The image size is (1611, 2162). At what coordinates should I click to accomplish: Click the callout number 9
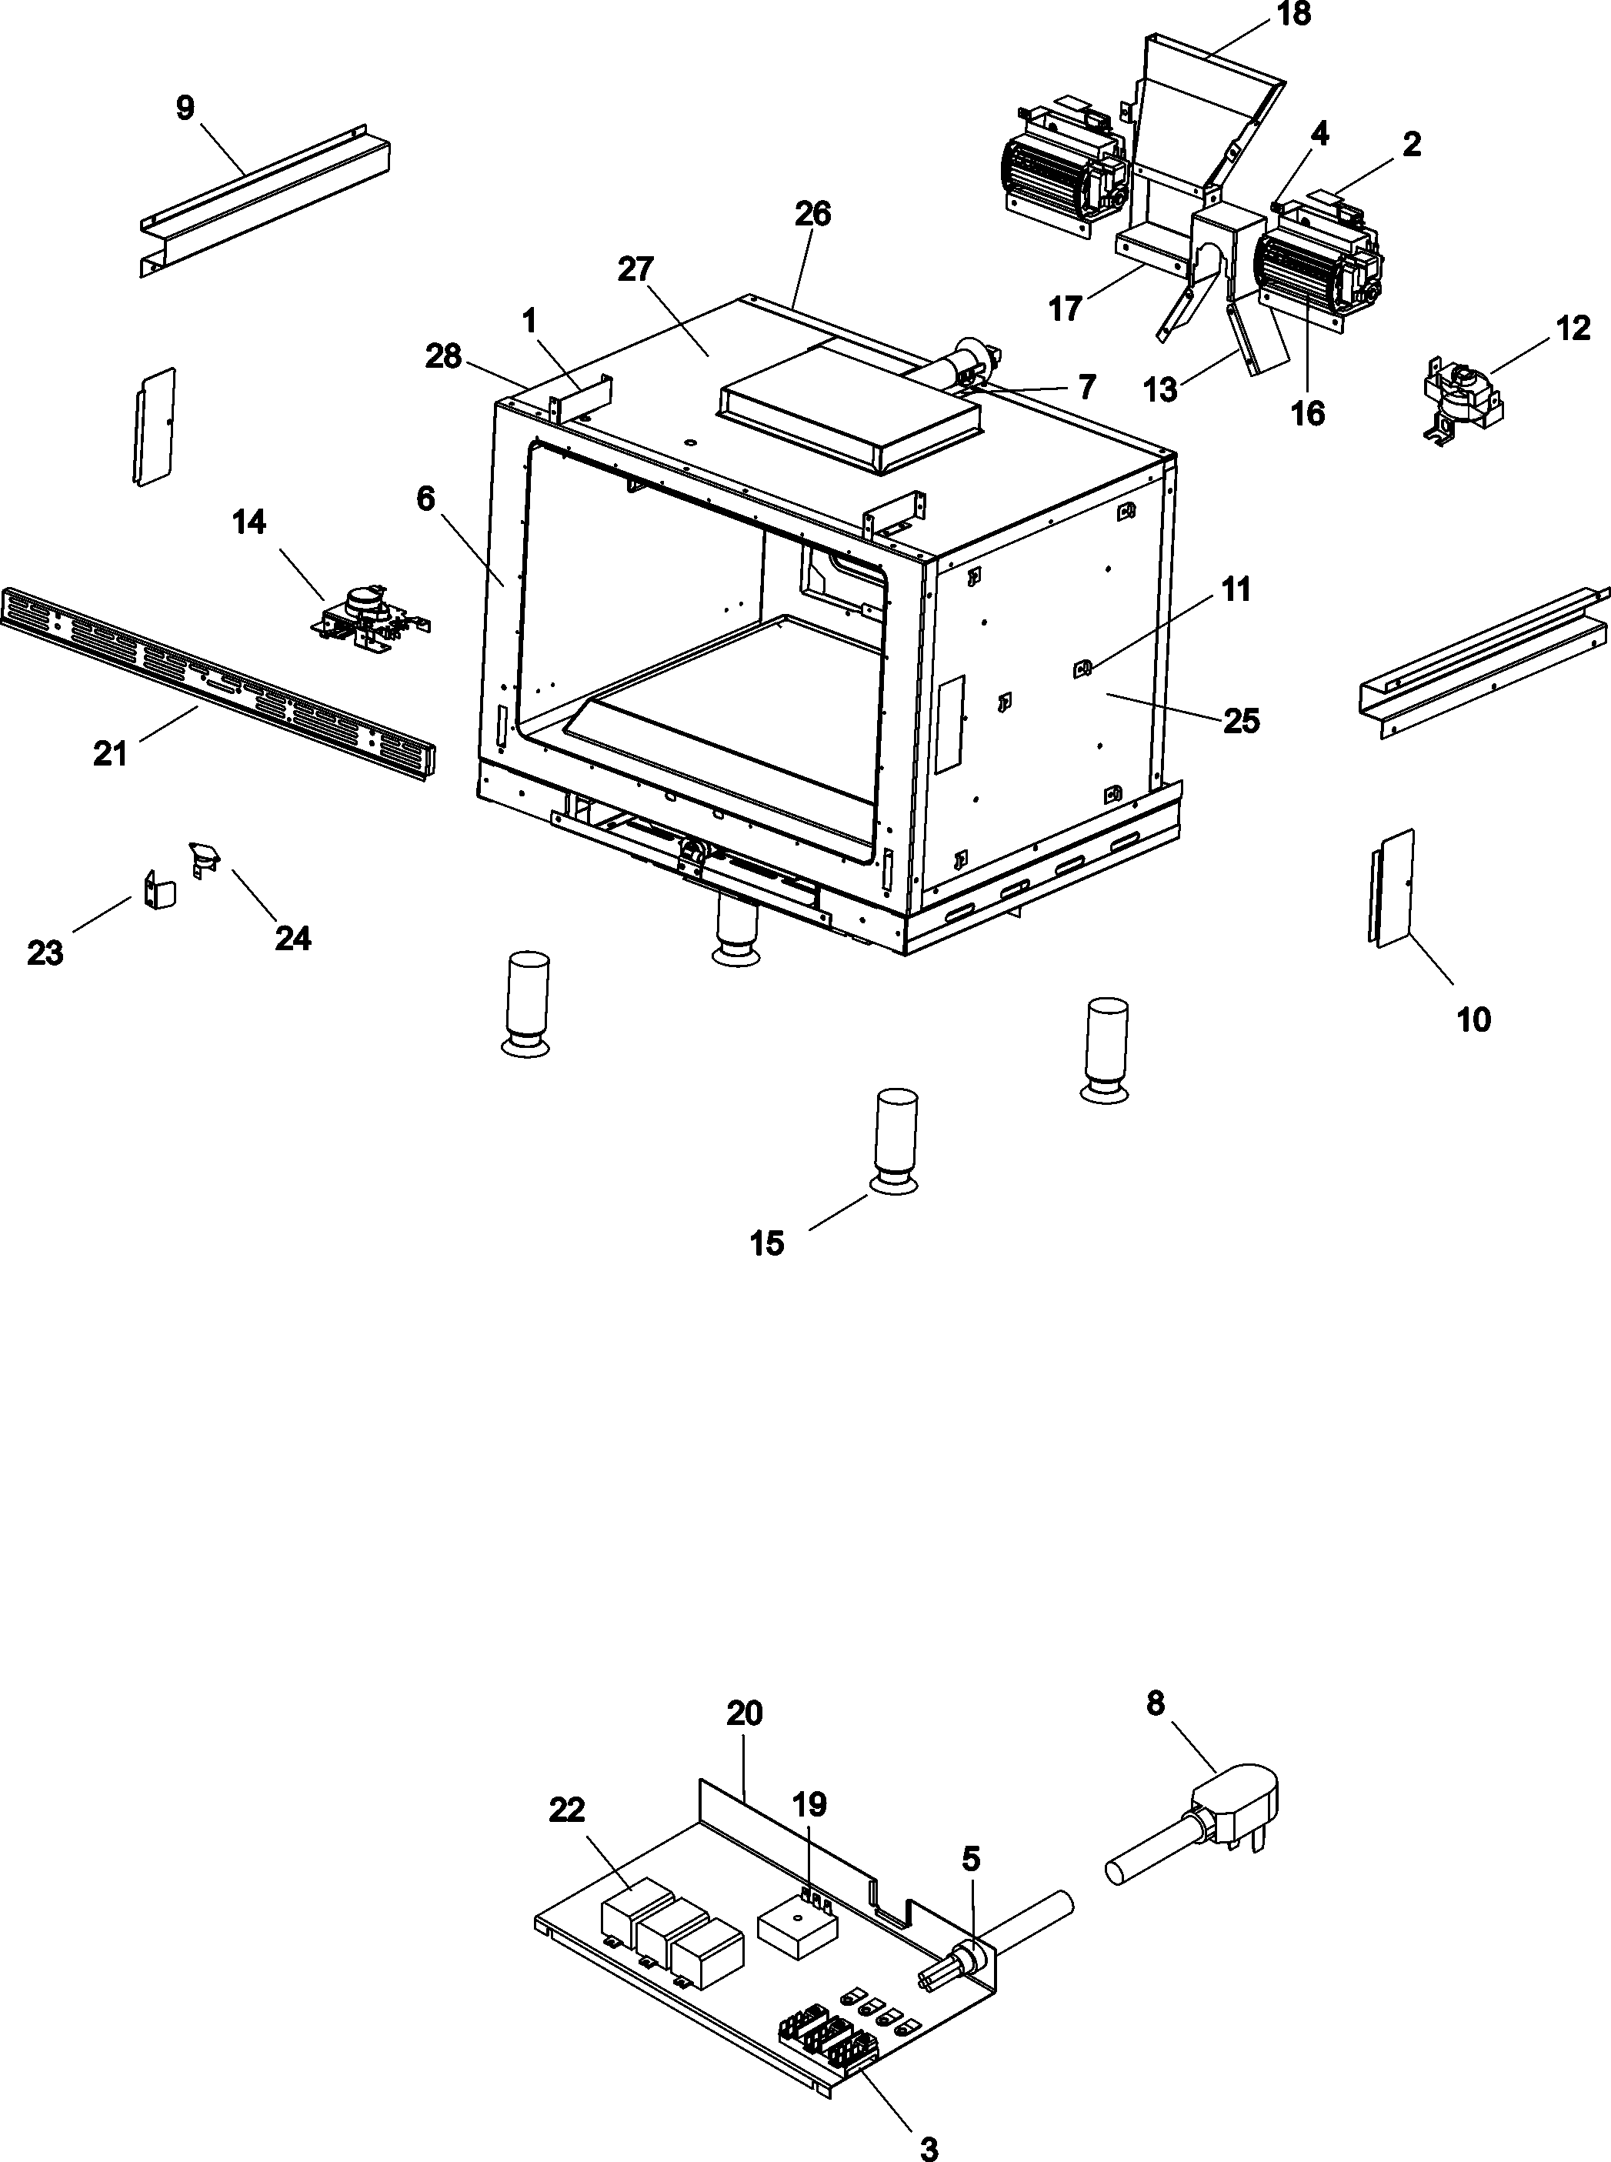coord(185,107)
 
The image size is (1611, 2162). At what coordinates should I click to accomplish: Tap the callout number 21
coord(110,754)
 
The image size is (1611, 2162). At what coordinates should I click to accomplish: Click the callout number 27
coord(635,269)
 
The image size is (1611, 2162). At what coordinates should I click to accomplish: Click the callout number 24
coord(292,938)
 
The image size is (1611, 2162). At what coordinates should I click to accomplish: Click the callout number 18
coord(1295,15)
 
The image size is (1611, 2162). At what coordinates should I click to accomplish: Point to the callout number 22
coord(566,1810)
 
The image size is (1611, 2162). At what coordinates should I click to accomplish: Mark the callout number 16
coord(1308,412)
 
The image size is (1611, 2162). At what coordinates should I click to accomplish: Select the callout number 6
coord(425,499)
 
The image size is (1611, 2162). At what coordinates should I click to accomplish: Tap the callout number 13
coord(1160,390)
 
